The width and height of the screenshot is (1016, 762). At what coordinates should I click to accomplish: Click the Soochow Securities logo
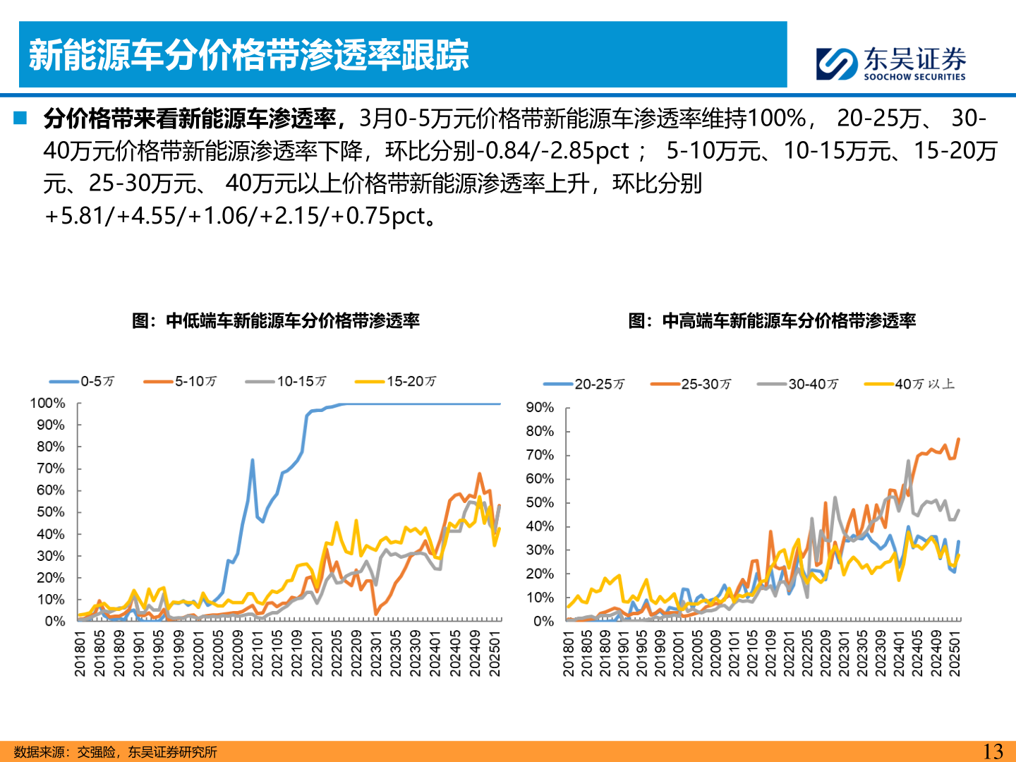pos(891,64)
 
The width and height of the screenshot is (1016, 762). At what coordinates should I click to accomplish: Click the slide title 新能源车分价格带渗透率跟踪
pos(248,55)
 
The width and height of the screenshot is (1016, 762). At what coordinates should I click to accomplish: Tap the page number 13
pos(993,751)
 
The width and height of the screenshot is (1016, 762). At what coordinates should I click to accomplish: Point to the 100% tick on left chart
pos(47,403)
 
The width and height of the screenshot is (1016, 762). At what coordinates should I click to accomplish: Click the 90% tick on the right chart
pos(540,408)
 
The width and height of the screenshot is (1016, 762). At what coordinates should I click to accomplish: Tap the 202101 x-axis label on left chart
pos(258,653)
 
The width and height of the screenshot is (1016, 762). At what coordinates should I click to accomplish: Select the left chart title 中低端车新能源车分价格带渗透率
pos(276,321)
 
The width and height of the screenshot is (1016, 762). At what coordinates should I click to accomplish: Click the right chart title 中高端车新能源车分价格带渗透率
pos(772,321)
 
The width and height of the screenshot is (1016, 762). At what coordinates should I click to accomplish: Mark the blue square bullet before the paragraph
pos(20,118)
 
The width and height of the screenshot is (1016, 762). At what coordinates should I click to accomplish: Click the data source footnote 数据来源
pos(115,752)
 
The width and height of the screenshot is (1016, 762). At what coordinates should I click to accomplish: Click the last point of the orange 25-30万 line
pos(958,440)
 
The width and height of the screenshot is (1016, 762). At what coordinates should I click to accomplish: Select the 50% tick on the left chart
pos(50,512)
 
